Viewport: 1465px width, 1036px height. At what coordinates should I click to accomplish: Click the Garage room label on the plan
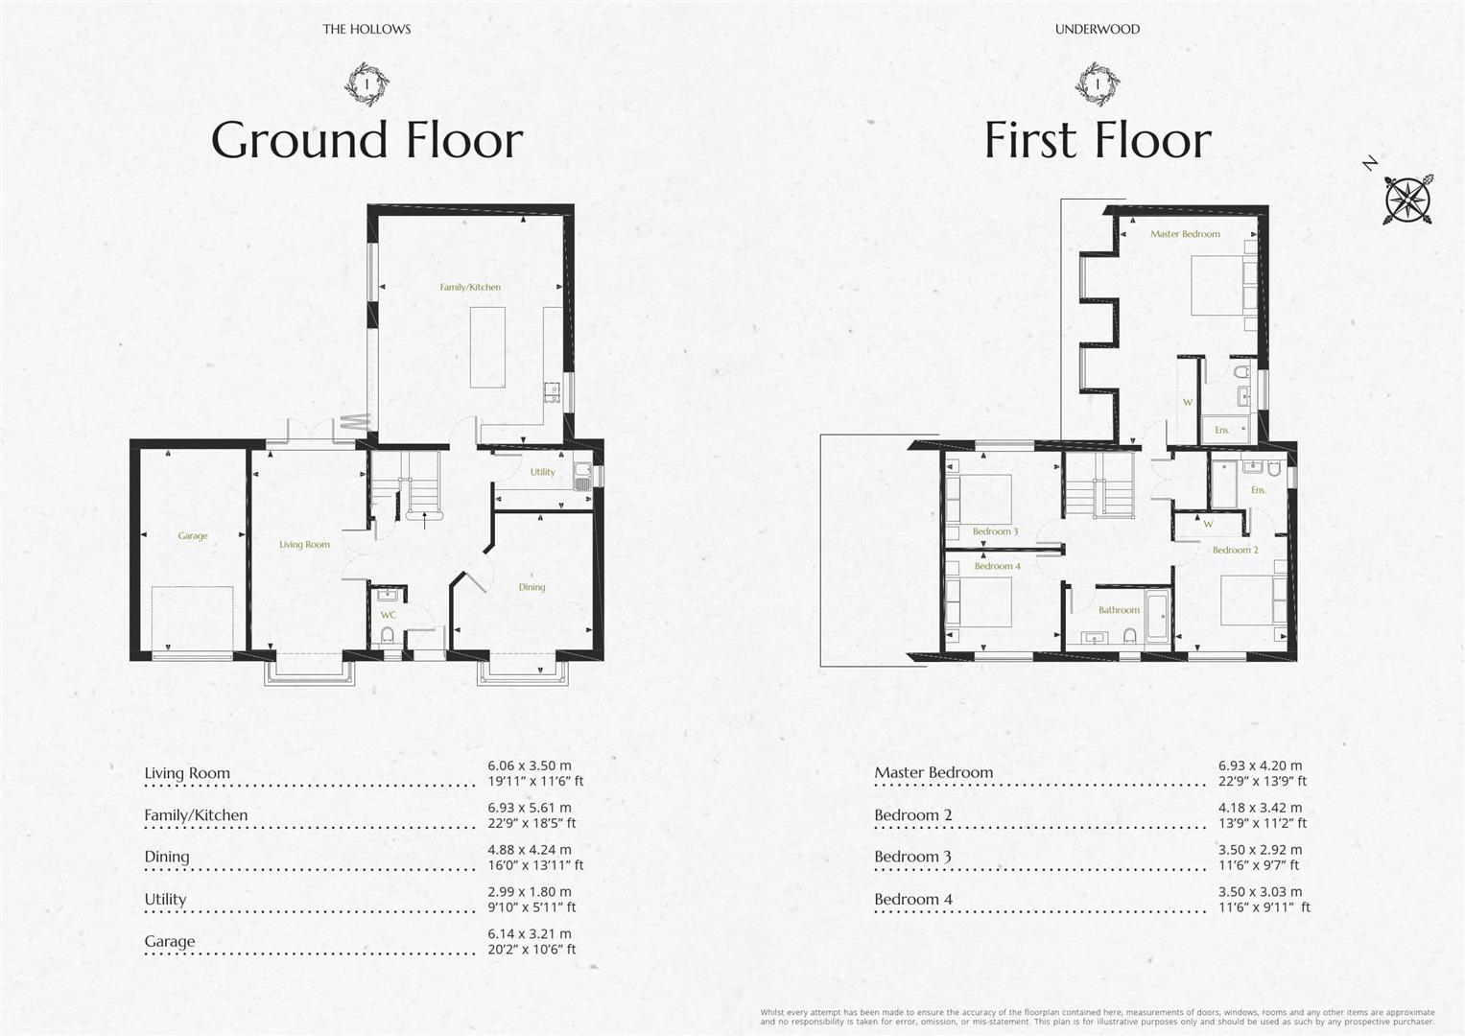click(192, 535)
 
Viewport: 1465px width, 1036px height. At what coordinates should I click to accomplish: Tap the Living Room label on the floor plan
click(305, 544)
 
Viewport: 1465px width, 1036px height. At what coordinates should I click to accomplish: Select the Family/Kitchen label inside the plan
click(470, 287)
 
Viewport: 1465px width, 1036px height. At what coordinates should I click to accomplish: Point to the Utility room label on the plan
click(543, 472)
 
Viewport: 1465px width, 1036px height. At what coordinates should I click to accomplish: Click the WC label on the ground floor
click(389, 615)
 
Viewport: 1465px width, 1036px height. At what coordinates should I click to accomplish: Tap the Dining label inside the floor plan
click(532, 587)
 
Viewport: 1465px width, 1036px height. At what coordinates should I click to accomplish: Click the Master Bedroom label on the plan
click(1185, 234)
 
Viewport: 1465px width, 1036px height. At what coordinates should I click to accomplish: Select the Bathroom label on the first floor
click(1119, 610)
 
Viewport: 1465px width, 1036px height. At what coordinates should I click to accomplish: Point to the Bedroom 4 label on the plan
click(998, 566)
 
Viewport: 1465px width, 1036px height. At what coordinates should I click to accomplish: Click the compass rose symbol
click(1408, 199)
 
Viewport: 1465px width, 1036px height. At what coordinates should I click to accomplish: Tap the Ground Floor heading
click(366, 140)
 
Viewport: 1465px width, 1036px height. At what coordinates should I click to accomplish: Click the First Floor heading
click(1099, 140)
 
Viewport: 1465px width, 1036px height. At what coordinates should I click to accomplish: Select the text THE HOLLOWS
click(366, 30)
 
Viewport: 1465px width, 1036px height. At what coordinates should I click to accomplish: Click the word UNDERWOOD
click(1098, 30)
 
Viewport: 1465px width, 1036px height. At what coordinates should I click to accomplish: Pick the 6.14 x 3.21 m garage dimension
click(529, 934)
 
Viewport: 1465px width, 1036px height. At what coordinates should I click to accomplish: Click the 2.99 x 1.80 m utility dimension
click(529, 892)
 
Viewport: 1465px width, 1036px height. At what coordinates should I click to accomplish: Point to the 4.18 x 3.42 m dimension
click(1261, 808)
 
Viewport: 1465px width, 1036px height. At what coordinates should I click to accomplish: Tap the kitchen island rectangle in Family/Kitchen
click(488, 347)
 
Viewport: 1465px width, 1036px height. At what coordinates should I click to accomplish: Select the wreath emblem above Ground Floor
click(366, 83)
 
